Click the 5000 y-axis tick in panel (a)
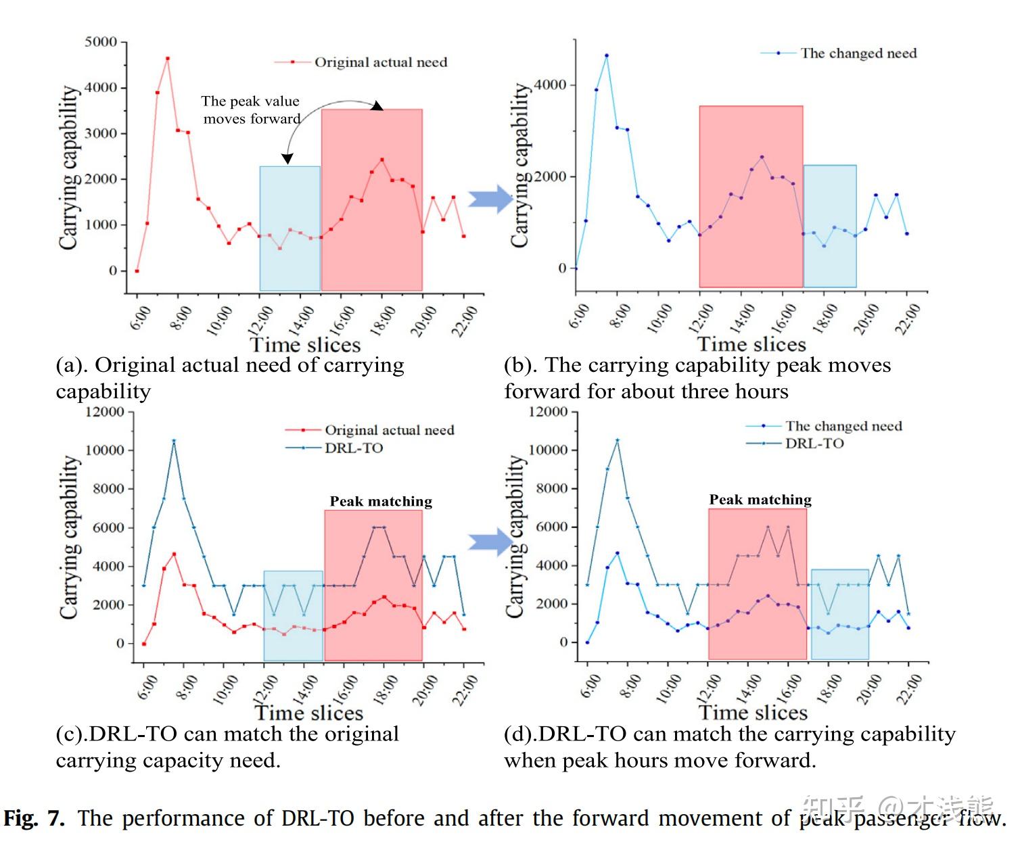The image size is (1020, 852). tap(101, 42)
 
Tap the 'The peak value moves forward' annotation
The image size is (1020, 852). tap(251, 110)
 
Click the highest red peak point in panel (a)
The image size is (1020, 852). tap(168, 58)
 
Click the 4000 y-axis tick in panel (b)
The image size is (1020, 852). tap(550, 85)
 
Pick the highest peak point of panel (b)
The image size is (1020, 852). tap(607, 55)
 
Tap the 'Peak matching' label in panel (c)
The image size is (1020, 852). tap(381, 502)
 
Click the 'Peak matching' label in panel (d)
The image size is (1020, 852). tap(760, 500)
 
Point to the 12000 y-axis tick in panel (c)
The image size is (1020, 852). tap(105, 412)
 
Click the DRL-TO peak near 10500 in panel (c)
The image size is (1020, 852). tap(174, 441)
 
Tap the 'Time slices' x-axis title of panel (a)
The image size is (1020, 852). tap(306, 345)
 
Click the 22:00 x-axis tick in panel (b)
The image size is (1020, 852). tap(906, 318)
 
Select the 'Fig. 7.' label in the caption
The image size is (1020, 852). tap(34, 819)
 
